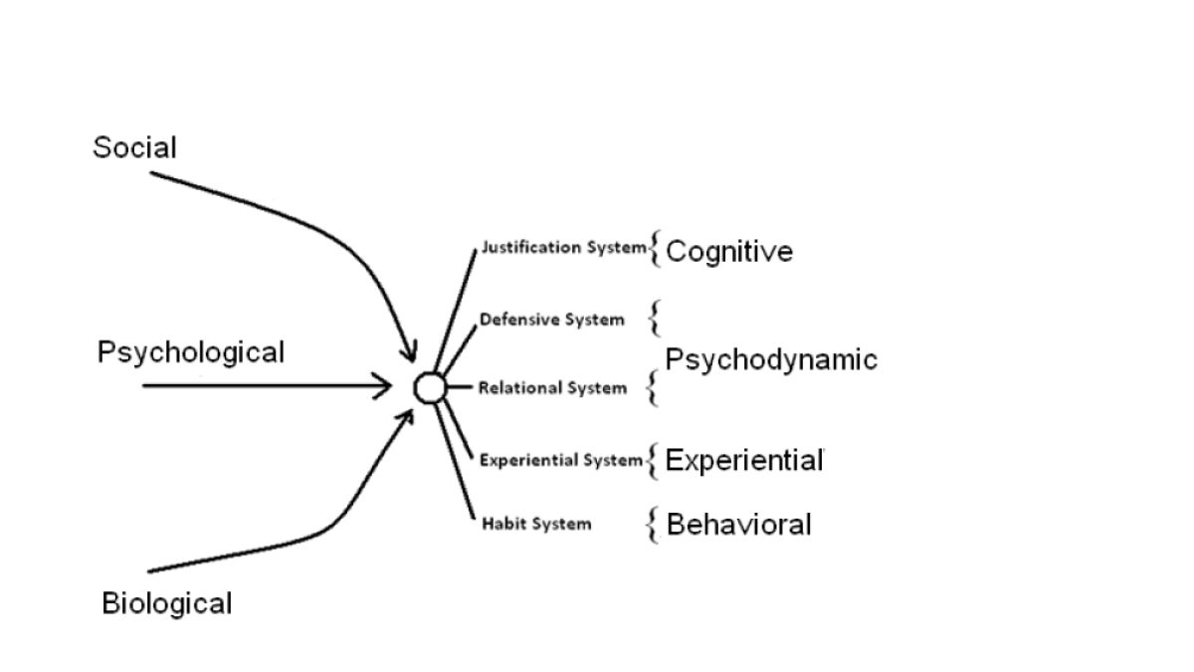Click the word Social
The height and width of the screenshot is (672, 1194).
coord(134,147)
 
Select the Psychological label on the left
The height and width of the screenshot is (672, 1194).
coord(190,352)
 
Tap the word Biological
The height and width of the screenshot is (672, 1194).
coord(166,603)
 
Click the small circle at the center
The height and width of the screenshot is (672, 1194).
coord(429,387)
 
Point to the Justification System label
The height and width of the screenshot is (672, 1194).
coord(563,248)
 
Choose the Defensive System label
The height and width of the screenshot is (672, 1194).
coord(552,320)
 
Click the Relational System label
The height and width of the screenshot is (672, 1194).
coord(552,387)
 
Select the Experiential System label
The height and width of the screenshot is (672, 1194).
coord(561,460)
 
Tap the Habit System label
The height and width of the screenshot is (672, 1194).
coord(536,524)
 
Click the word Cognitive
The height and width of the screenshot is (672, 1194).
coord(729,251)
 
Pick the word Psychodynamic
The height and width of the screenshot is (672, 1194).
coord(771,359)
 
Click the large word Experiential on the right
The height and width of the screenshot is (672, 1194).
coord(744,460)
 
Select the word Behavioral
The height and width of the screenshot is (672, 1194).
coord(738,524)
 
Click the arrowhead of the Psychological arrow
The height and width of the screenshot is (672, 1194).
coord(386,385)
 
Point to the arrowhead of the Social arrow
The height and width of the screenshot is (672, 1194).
coord(409,353)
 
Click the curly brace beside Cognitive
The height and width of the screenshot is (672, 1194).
coord(655,249)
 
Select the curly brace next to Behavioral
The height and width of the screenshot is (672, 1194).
coord(653,524)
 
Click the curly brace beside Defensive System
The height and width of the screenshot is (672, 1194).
coord(654,319)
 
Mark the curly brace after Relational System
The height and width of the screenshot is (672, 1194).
coord(653,387)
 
